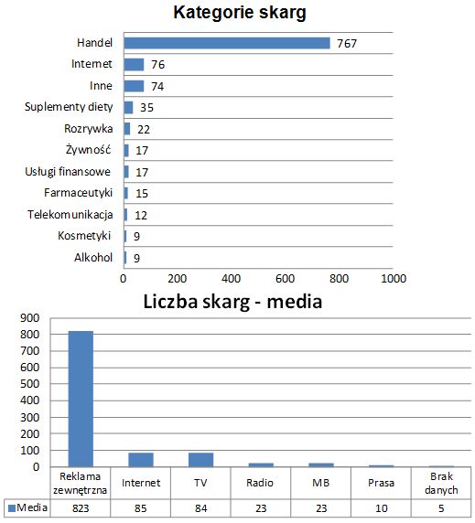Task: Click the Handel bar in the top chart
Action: point(227,43)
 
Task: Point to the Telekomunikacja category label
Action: point(70,215)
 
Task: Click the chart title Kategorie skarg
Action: point(240,13)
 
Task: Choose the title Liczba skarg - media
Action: point(232,301)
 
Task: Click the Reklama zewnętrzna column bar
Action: point(81,399)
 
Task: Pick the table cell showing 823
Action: point(81,507)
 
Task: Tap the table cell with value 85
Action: point(140,507)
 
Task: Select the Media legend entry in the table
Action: point(27,507)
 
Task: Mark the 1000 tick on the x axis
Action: point(394,278)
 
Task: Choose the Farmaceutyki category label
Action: point(78,193)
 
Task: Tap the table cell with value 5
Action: point(441,507)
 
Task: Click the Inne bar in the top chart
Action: point(134,86)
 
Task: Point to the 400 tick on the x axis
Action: point(231,278)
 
